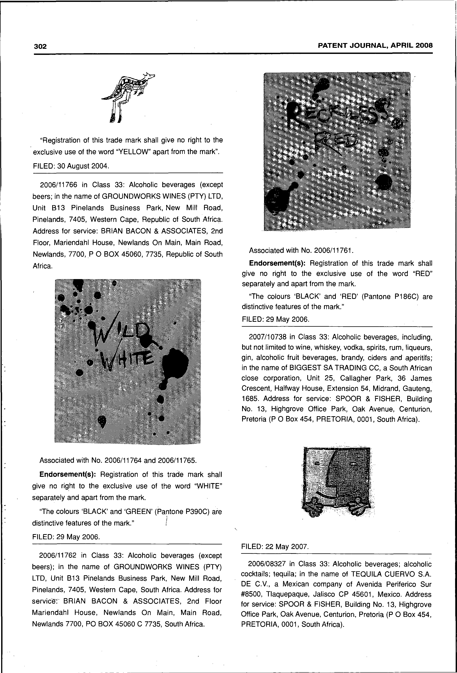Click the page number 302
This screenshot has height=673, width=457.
(40, 46)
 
